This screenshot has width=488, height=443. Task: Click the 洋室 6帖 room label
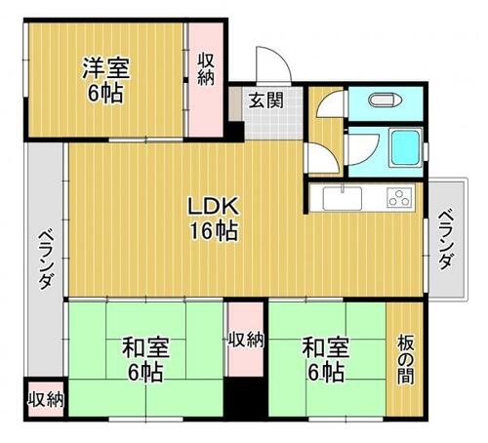click(x=105, y=80)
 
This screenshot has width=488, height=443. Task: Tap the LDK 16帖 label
click(x=214, y=219)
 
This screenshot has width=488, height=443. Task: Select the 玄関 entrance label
click(x=266, y=101)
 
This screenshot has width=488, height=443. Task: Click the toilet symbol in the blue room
click(x=384, y=100)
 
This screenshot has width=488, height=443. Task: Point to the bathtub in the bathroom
click(x=405, y=148)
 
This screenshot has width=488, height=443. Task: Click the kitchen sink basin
click(x=343, y=198)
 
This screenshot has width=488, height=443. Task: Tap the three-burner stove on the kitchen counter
click(x=399, y=198)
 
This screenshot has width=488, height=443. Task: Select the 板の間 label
click(x=405, y=359)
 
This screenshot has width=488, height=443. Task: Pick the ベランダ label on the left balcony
click(x=46, y=261)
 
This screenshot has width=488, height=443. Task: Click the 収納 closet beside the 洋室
click(x=206, y=80)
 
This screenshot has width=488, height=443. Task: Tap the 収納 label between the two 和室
click(x=246, y=341)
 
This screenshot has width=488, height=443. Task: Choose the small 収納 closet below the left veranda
click(x=46, y=399)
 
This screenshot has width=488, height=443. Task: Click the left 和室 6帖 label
click(x=145, y=359)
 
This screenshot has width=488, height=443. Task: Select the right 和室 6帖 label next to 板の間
click(x=326, y=359)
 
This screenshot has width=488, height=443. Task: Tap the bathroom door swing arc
click(x=374, y=155)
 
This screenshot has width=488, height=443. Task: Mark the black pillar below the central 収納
click(x=246, y=397)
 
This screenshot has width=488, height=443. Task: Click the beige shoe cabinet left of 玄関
click(x=235, y=103)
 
